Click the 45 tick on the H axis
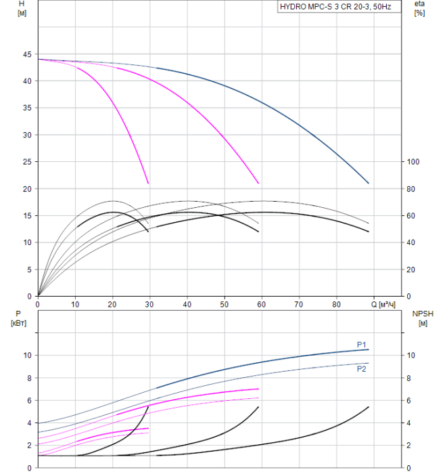[x=27, y=54]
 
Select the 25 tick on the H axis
[x=27, y=162]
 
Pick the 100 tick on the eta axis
[x=413, y=162]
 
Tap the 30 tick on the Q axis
[x=149, y=305]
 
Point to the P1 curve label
[x=362, y=343]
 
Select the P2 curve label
[x=362, y=369]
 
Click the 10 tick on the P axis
[x=27, y=355]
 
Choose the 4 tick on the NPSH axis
[x=411, y=423]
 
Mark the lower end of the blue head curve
[x=369, y=183]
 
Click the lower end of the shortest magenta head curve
[x=148, y=183]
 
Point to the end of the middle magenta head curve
[x=258, y=183]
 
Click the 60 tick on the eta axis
[x=411, y=215]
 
